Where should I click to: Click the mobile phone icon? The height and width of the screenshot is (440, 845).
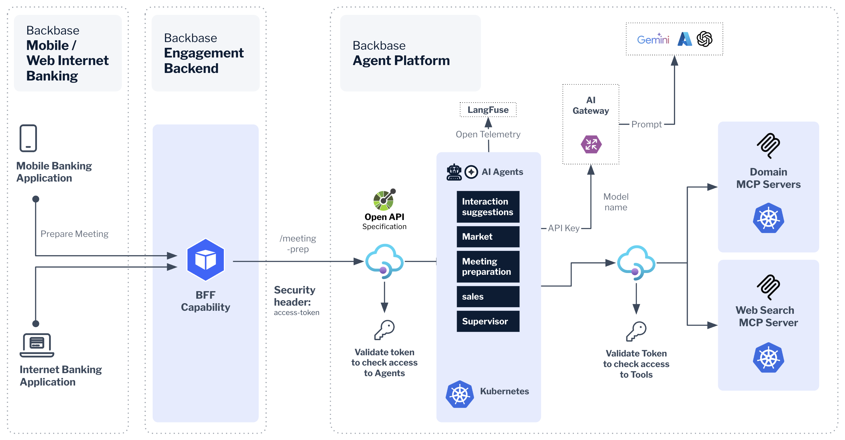pos(28,138)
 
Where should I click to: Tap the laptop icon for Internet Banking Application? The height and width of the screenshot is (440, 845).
pos(37,345)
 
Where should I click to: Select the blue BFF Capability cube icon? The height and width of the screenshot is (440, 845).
pos(205,260)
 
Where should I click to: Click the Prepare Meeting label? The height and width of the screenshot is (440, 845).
pos(75,234)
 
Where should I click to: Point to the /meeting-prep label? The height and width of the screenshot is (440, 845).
pos(297,244)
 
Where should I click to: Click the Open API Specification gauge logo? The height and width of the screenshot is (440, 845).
pos(384,200)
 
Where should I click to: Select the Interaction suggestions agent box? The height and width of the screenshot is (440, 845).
pos(488,207)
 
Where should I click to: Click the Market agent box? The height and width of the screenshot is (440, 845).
pos(488,237)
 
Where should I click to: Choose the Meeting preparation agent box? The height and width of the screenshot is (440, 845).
pos(488,267)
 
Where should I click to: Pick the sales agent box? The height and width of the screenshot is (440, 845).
pos(488,296)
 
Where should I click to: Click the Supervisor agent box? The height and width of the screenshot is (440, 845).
pos(488,321)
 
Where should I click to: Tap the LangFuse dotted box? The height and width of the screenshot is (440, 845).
pos(488,110)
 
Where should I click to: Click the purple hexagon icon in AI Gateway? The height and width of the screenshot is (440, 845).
pos(591,144)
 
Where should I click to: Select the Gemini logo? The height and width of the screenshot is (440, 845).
pos(653,39)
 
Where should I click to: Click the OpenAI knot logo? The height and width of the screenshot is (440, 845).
pos(704,39)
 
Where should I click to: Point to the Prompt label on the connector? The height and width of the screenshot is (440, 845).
pos(646,124)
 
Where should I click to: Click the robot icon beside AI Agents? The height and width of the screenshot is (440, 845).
pos(454,172)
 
